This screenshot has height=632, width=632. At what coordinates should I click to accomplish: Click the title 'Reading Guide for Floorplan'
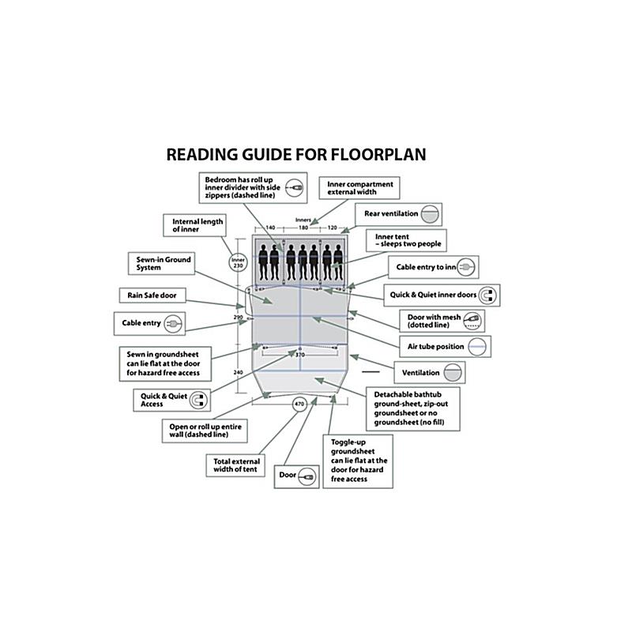pyautogui.click(x=295, y=154)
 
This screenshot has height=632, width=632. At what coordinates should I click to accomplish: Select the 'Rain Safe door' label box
pyautogui.click(x=152, y=295)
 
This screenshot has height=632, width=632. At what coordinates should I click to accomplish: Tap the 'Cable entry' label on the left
pyautogui.click(x=150, y=322)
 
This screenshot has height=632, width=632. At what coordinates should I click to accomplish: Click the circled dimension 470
pyautogui.click(x=299, y=404)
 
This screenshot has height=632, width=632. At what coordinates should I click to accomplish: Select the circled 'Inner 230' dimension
pyautogui.click(x=239, y=262)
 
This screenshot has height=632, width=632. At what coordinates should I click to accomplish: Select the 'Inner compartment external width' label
pyautogui.click(x=359, y=187)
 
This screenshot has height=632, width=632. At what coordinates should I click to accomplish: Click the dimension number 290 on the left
pyautogui.click(x=238, y=317)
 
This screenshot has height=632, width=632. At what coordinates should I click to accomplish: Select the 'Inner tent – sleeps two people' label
pyautogui.click(x=408, y=239)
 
